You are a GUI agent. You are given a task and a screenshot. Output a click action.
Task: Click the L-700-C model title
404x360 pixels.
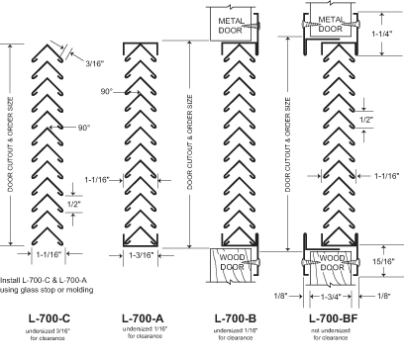50,318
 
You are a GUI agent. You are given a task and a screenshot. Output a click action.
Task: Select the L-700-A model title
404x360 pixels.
143,318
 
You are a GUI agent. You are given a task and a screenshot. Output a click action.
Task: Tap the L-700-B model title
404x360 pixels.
236,318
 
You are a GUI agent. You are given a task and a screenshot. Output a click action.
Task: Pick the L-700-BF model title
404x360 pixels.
334,318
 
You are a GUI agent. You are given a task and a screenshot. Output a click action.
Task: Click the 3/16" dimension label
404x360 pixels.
95,64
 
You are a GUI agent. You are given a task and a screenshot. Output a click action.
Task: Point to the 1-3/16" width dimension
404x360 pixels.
142,255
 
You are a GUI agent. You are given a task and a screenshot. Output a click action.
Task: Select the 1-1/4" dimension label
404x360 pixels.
382,34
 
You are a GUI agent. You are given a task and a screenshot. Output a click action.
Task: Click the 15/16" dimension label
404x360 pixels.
384,261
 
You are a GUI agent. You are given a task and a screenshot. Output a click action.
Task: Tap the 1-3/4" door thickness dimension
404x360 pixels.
331,297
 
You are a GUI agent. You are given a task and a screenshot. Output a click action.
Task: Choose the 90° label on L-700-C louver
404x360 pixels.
84,128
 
